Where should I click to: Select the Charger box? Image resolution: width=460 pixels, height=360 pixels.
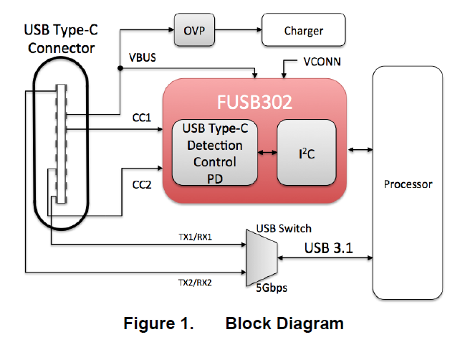(x=304, y=31)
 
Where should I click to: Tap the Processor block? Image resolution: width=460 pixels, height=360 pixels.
(x=408, y=184)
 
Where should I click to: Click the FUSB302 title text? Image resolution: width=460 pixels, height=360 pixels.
(x=255, y=102)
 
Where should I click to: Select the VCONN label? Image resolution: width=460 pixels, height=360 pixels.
(x=322, y=62)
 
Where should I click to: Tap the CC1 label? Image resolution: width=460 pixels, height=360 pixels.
(x=141, y=117)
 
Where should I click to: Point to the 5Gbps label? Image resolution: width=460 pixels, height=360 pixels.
(x=272, y=292)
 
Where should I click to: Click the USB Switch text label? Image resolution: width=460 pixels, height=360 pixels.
(x=284, y=228)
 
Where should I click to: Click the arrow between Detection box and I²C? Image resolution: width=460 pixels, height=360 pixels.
(x=267, y=152)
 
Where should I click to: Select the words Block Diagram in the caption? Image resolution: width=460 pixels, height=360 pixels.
(x=284, y=323)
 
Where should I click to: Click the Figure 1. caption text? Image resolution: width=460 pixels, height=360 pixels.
(x=158, y=323)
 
